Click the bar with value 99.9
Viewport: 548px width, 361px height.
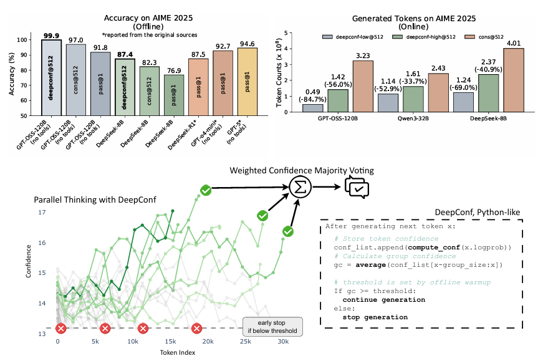coord(51,77)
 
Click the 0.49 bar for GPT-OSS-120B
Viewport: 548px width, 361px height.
coord(312,108)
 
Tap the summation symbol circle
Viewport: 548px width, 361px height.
coord(300,186)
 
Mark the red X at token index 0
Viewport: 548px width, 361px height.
coord(60,329)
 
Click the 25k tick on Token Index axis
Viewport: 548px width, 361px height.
coord(246,342)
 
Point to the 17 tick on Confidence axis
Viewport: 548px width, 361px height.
coord(42,213)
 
